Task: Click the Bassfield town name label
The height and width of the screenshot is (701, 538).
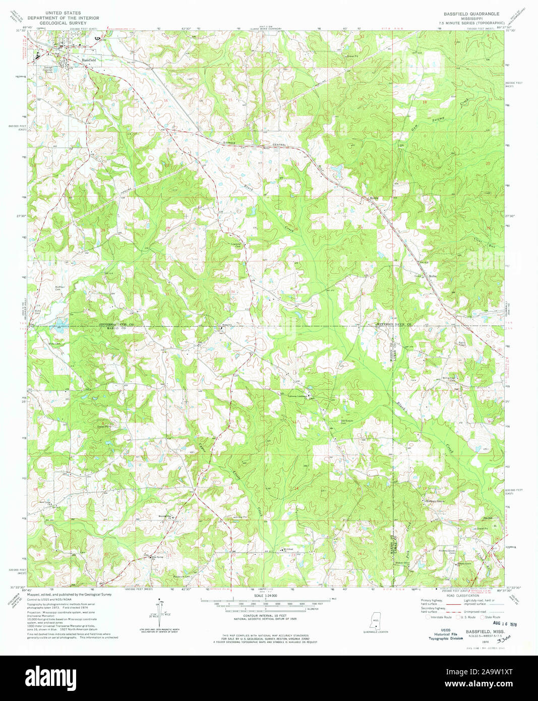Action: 89,60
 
